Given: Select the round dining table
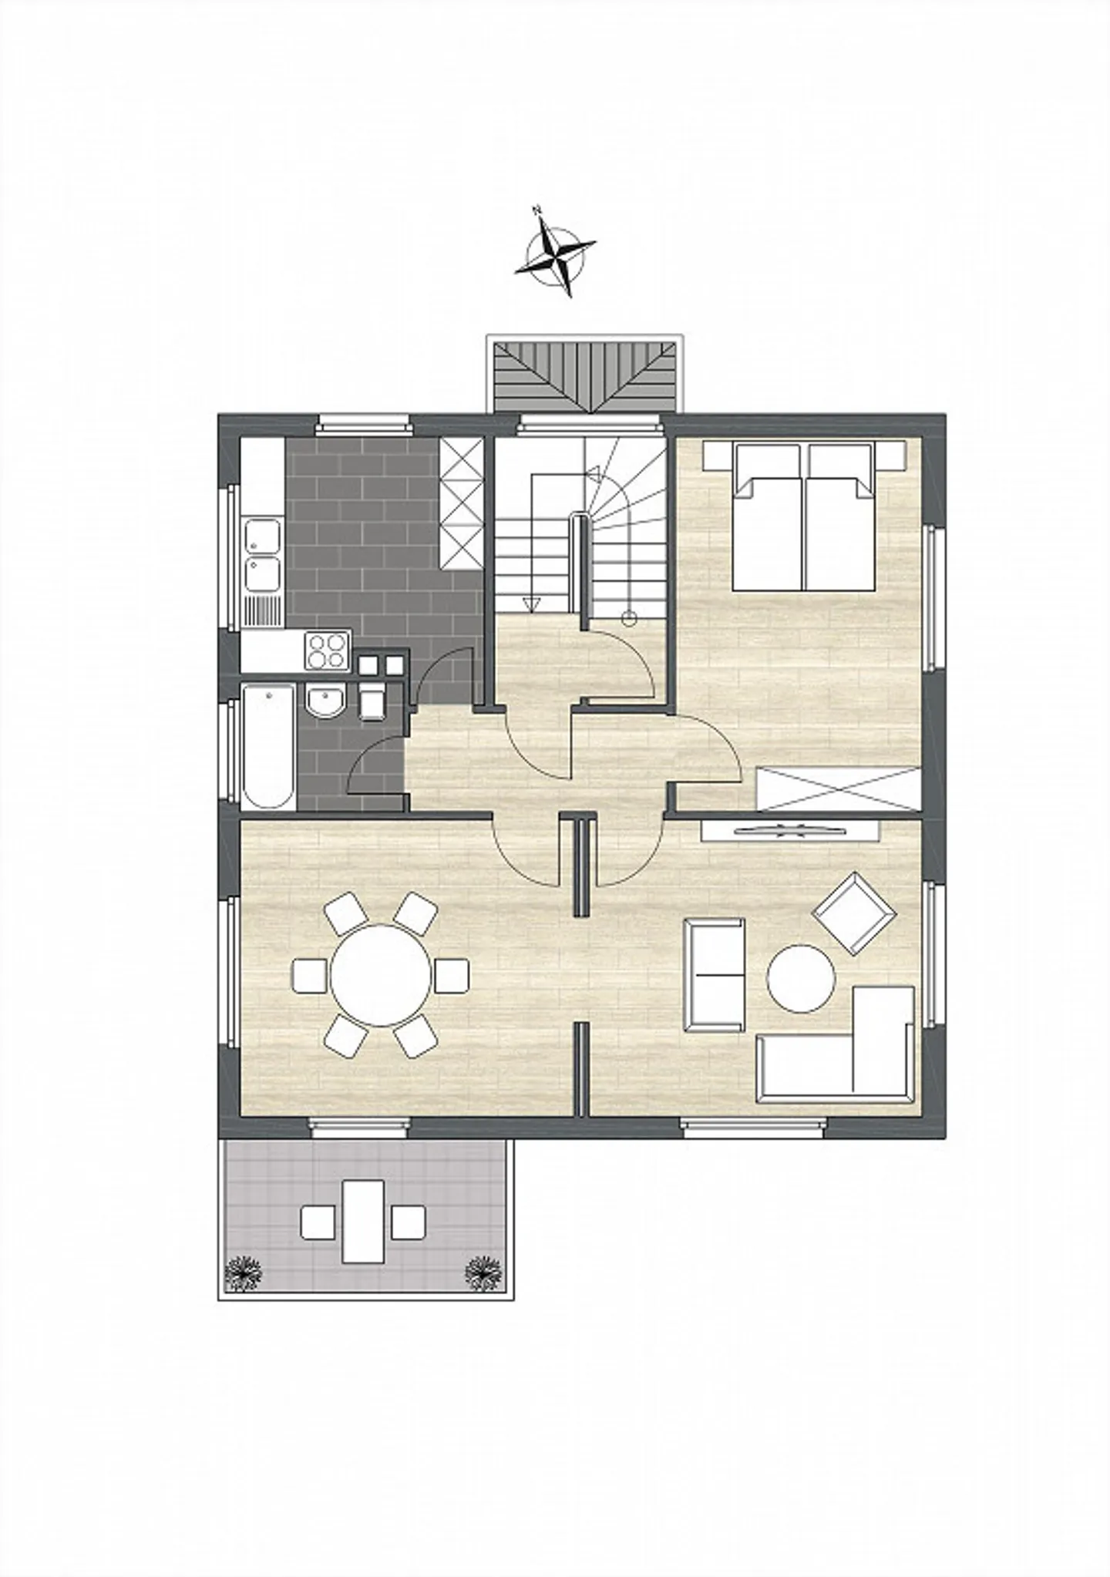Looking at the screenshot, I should click(x=381, y=976).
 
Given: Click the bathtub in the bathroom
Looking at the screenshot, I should click(x=268, y=745).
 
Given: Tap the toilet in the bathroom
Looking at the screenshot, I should click(x=372, y=700).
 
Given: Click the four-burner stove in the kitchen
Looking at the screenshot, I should click(x=326, y=650).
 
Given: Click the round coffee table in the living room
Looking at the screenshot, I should click(x=801, y=978).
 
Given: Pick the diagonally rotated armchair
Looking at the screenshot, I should click(x=854, y=913).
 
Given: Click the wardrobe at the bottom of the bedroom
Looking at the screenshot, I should click(x=839, y=789).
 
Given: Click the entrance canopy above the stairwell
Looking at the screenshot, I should click(x=584, y=375).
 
